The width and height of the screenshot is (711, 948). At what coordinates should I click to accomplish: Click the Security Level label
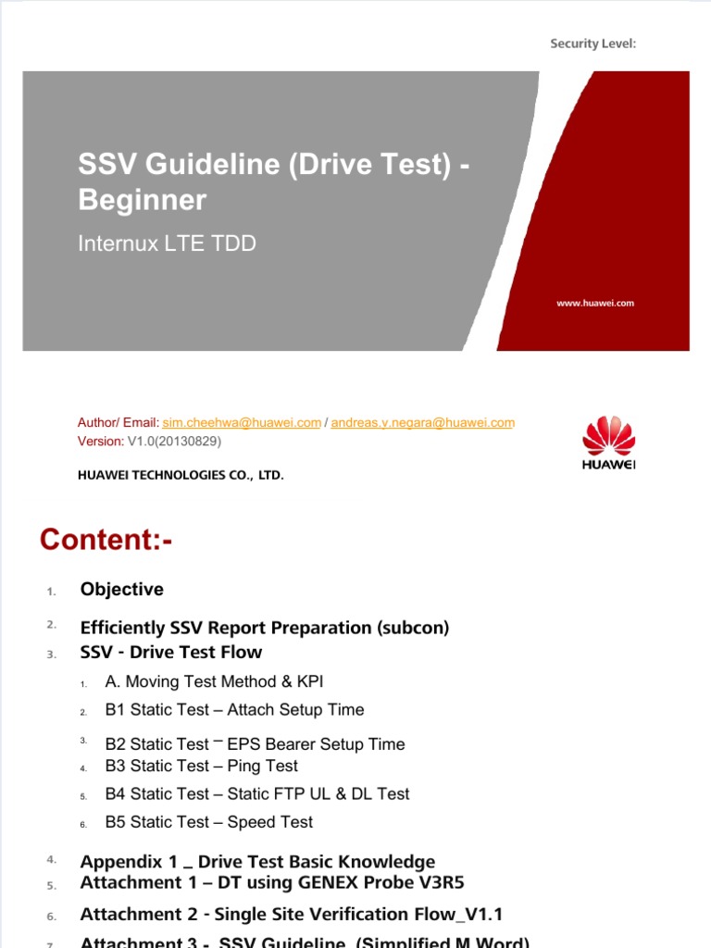click(592, 44)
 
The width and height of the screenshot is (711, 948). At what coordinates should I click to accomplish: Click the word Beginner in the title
click(142, 200)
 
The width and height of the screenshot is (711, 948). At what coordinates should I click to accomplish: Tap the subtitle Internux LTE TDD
click(167, 244)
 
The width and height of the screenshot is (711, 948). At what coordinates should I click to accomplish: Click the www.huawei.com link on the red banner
click(595, 303)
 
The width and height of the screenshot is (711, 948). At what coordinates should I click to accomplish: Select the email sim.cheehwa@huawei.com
click(242, 423)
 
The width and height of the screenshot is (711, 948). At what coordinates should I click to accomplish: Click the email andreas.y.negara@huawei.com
click(422, 423)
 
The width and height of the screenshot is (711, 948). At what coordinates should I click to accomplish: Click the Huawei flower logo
click(608, 437)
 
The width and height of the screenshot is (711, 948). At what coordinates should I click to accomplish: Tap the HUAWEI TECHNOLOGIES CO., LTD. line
click(180, 475)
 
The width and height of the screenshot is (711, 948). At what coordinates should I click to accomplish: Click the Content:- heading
click(106, 541)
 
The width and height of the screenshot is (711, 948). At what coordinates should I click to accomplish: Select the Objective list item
click(121, 590)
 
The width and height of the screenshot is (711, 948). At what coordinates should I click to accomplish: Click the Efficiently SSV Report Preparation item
click(264, 628)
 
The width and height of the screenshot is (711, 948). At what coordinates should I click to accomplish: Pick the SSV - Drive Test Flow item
click(170, 653)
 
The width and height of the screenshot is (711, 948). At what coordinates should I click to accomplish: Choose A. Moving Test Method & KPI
click(214, 682)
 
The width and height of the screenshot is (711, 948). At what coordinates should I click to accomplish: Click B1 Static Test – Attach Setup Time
click(234, 710)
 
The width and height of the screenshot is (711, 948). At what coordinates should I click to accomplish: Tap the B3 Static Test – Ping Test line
click(201, 767)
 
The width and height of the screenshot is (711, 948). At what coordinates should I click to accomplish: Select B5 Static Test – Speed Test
click(208, 822)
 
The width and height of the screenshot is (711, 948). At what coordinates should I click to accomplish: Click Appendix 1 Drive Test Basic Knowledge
click(257, 862)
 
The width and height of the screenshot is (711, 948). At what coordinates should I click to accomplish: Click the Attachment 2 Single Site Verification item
click(291, 915)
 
